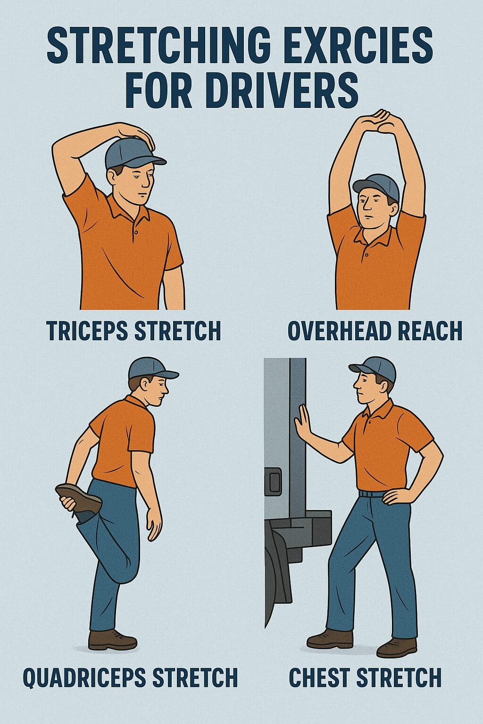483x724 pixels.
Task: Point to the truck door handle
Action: (273, 481)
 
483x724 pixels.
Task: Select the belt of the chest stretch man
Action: (373, 494)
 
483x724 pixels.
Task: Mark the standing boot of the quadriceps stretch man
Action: (112, 640)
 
